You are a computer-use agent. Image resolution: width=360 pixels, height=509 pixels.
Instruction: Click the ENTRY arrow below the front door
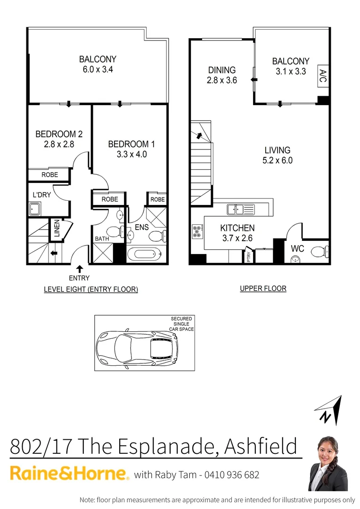click(x=79, y=269)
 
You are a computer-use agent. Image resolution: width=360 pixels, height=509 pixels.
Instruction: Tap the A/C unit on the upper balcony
click(x=323, y=76)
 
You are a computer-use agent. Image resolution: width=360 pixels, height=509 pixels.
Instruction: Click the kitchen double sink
click(x=240, y=209)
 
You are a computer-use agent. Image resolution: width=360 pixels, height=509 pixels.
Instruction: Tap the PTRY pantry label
click(x=249, y=257)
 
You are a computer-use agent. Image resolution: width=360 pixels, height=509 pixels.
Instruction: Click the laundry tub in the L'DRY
click(x=35, y=208)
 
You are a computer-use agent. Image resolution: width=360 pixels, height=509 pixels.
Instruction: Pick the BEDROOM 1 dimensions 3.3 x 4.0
click(x=131, y=154)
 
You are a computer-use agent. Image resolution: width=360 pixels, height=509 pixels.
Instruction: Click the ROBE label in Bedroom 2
click(x=49, y=175)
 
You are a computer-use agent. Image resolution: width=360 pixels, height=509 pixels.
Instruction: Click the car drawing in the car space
click(x=138, y=348)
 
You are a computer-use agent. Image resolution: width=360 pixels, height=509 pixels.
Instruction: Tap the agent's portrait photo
click(x=329, y=464)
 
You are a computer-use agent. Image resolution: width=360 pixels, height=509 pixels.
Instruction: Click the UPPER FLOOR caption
click(x=263, y=288)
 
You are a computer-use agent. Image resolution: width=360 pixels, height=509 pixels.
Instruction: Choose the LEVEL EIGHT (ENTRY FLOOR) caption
click(x=91, y=289)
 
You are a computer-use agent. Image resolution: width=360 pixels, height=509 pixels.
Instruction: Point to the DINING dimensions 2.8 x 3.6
click(x=221, y=80)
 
